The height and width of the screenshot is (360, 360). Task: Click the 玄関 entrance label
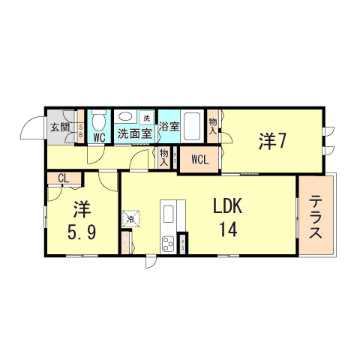coord(60,127)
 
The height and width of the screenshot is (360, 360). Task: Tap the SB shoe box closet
coord(81,131)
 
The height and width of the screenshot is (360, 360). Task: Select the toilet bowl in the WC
coord(97,119)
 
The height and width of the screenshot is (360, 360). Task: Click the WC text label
coord(98,138)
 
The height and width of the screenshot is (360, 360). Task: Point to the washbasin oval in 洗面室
coord(124,118)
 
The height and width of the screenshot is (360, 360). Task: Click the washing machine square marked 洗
coord(146,118)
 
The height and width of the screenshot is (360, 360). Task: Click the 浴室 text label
coord(169,127)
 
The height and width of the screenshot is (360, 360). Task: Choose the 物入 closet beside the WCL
coord(163,156)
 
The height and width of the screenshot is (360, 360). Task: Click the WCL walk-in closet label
coord(199,159)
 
